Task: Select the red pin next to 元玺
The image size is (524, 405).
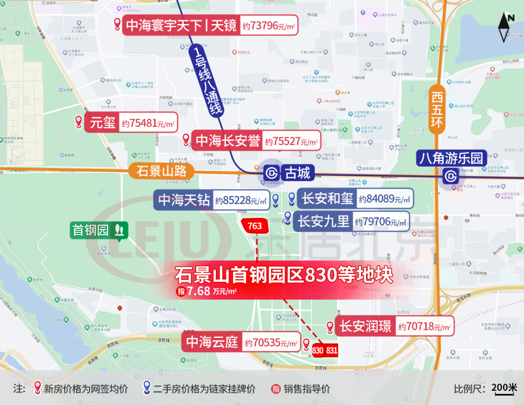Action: [79, 123]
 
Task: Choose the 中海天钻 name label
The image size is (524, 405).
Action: [184, 200]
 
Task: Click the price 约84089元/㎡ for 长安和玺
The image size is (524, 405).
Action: [384, 199]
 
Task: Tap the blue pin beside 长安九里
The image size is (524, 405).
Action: [287, 217]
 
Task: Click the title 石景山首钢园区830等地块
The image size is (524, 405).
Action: [283, 275]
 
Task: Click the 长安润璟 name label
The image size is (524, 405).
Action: [365, 326]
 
